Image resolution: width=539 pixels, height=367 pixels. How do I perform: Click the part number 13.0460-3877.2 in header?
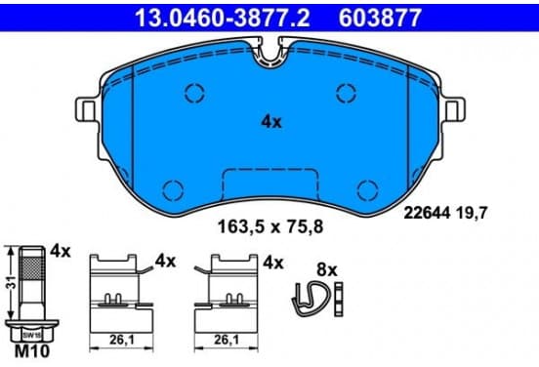point(223,18)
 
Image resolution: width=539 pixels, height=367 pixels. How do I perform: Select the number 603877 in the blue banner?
point(380,18)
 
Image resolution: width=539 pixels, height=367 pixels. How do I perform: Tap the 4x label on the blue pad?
point(271,122)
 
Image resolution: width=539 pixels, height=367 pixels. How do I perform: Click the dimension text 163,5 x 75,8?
point(270,226)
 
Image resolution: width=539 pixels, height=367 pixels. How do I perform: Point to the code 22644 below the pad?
point(427,213)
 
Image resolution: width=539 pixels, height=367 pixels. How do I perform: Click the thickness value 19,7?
point(472,213)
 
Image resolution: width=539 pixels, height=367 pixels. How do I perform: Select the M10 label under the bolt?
point(32,351)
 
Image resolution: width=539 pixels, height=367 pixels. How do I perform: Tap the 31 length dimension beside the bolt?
point(12,282)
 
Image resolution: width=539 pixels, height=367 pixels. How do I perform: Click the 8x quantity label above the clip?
point(327,270)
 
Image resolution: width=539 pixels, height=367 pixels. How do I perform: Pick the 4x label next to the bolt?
point(61,251)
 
